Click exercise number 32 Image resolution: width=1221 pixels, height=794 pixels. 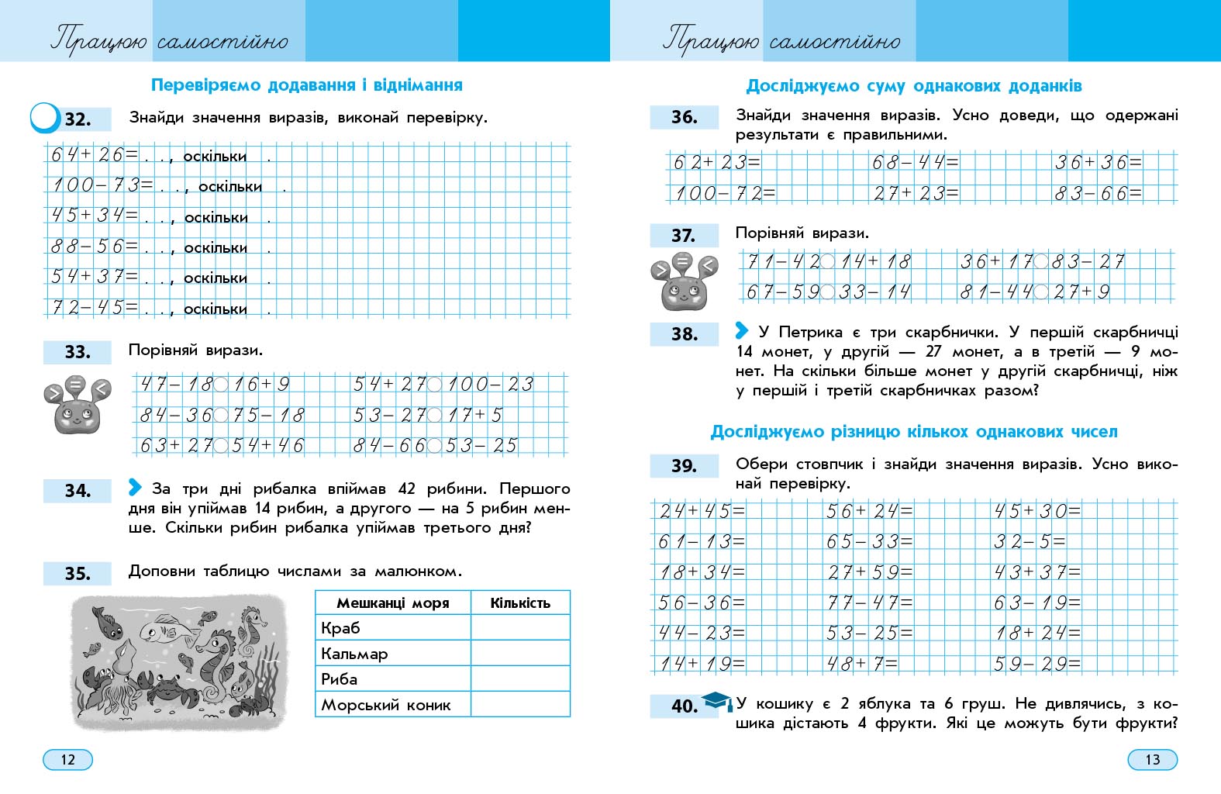(x=78, y=119)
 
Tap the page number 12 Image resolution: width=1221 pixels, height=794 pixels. (x=67, y=759)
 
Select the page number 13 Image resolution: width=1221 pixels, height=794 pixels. (x=1152, y=759)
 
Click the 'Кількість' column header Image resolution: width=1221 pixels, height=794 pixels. (x=520, y=602)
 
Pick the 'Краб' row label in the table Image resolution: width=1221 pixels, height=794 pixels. (x=341, y=627)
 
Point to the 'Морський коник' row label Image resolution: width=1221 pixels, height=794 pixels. (x=386, y=705)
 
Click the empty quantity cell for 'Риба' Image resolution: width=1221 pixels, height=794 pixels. (x=520, y=678)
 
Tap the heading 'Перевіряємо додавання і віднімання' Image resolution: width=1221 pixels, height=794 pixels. (x=306, y=85)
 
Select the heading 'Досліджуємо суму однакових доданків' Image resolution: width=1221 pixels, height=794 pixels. (x=914, y=86)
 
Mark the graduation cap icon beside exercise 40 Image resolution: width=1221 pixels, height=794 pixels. (x=716, y=701)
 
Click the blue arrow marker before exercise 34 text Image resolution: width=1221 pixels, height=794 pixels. (x=135, y=487)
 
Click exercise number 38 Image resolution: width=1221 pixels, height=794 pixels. (x=685, y=334)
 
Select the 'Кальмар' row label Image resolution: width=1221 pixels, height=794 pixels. (x=354, y=654)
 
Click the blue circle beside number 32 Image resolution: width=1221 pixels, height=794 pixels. (x=44, y=118)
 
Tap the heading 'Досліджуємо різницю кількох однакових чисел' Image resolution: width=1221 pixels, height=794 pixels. (x=914, y=432)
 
